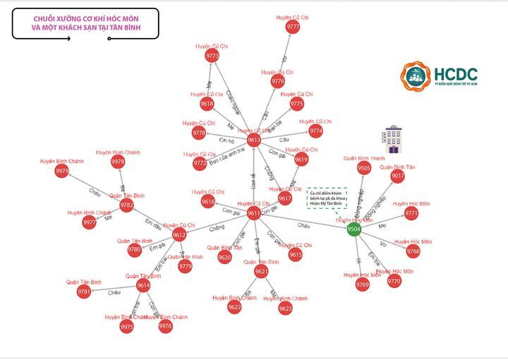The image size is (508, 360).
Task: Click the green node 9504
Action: pyautogui.click(x=354, y=229)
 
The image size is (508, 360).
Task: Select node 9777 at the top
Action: pyautogui.click(x=293, y=27)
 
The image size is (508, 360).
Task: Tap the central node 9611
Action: pyautogui.click(x=255, y=213)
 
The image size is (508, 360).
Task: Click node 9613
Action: pyautogui.click(x=254, y=140)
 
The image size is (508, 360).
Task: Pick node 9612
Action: pyautogui.click(x=179, y=235)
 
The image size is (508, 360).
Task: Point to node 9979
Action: pyautogui.click(x=62, y=171)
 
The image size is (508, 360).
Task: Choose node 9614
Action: pyautogui.click(x=143, y=286)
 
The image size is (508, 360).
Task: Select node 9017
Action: pyautogui.click(x=398, y=176)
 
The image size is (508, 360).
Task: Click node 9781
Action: pyautogui.click(x=83, y=292)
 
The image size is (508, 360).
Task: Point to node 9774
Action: pyautogui.click(x=316, y=131)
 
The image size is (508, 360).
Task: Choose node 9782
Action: pyautogui.click(x=126, y=205)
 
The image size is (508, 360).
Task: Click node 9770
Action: pyautogui.click(x=394, y=281)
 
